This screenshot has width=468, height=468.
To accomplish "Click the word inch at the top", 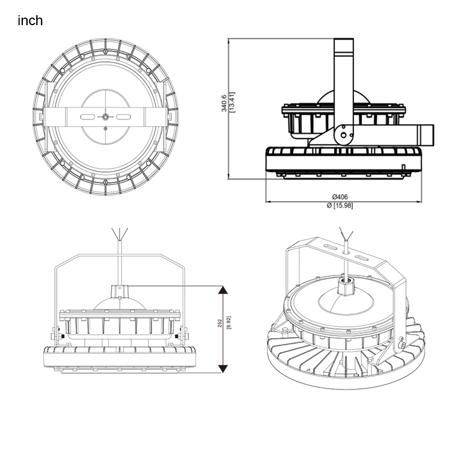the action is tap(30, 20).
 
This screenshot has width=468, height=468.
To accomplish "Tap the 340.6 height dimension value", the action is tap(224, 104).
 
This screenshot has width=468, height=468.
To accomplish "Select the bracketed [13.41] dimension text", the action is tap(232, 102).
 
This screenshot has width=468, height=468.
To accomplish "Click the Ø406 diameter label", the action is tap(340, 197).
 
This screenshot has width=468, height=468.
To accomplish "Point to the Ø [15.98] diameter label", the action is tap(340, 205).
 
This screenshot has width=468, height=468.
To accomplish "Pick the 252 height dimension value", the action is tap(220, 323).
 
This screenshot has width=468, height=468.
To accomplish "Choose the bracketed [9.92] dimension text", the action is tap(229, 323).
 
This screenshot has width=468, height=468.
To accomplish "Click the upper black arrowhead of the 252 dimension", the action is tap(223, 290).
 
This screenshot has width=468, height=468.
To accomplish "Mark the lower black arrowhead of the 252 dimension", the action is tap(223, 369).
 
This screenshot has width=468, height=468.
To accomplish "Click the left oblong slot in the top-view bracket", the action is tap(87, 116).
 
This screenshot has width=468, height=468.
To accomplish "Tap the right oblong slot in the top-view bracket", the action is tap(123, 116).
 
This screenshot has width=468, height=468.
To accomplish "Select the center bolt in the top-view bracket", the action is tap(105, 117).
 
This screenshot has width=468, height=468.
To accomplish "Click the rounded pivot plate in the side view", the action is tap(343, 135).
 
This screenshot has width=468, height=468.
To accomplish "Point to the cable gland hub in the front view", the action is tap(120, 291).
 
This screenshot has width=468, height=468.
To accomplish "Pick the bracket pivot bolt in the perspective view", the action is tap(402, 345).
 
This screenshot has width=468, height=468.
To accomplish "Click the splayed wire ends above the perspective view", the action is tap(346, 233).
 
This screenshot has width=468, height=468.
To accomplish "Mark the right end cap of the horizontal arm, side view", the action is tap(427, 135).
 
